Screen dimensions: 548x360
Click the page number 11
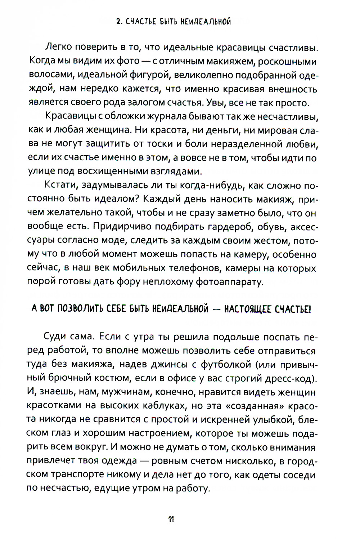[171, 520]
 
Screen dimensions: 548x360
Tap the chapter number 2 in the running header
[118, 22]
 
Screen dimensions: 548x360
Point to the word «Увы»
[216, 103]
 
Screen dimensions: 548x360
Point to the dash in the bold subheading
[216, 309]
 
